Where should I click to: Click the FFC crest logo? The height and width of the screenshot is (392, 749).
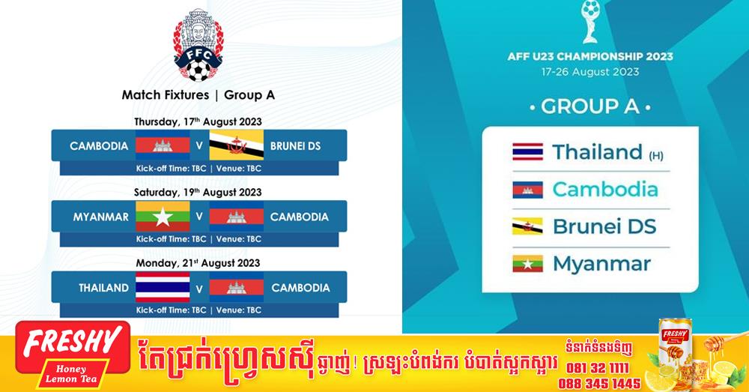pos(198,46)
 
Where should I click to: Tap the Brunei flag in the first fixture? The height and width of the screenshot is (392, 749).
pos(237,145)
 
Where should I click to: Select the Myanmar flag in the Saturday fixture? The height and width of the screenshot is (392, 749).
pos(163,216)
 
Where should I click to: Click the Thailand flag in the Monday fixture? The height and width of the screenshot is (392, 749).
pos(163,287)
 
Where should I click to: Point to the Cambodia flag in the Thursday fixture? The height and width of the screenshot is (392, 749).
pos(163,145)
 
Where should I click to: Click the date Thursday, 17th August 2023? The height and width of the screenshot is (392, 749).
pos(198,121)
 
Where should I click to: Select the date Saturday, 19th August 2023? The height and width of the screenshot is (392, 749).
pos(198,192)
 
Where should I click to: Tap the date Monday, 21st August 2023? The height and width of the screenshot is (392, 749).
pos(198,263)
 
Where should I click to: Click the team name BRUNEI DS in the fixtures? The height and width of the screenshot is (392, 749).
pos(295,146)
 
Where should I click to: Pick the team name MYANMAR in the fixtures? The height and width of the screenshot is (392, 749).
pos(101,217)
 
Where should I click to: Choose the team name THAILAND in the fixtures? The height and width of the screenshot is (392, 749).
pos(103,288)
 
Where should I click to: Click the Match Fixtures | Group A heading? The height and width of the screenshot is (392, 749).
pos(198,94)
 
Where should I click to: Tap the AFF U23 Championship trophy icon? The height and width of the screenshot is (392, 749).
pos(590,22)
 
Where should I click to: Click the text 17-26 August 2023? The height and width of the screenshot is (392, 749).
pos(590,72)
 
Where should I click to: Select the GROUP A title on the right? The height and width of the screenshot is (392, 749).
pos(590,106)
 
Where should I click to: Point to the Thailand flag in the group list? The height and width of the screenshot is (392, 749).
pos(527,151)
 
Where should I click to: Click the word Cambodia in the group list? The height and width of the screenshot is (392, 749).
pos(605,190)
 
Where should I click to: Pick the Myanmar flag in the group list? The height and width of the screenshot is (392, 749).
pos(527,263)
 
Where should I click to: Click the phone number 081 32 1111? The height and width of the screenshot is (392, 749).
pos(598,367)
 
